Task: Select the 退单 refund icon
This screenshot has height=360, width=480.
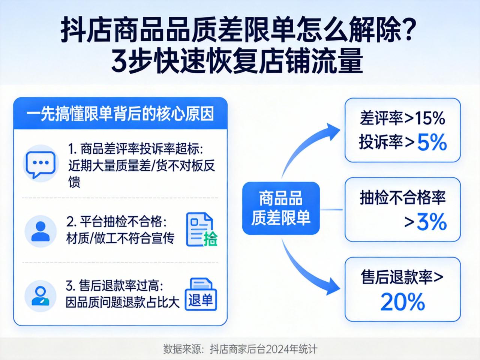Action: (x=201, y=294)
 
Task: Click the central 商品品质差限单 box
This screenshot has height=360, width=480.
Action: (x=281, y=208)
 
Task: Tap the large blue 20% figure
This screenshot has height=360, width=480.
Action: (x=402, y=302)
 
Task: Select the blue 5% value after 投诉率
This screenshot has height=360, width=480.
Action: (x=432, y=142)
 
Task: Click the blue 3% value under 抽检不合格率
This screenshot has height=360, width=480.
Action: (x=432, y=222)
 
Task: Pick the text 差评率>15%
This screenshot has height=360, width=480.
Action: (x=402, y=118)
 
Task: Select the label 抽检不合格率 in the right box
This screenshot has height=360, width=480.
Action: (x=402, y=197)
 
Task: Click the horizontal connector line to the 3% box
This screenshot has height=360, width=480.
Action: (x=331, y=209)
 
